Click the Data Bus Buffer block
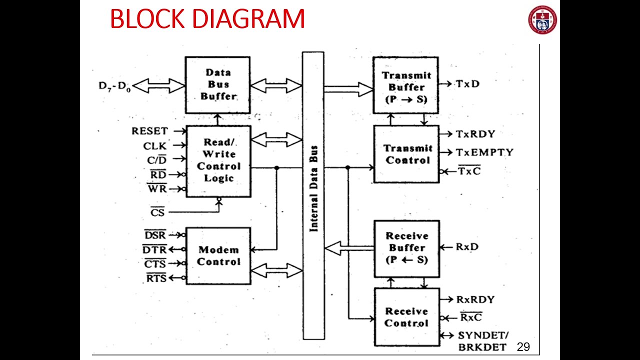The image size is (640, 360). click(217, 84)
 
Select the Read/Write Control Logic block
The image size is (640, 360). click(218, 160)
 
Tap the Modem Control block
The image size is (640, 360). click(218, 255)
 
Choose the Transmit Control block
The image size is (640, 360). click(406, 154)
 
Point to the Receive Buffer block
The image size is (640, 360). click(406, 248)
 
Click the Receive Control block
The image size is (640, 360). click(406, 317)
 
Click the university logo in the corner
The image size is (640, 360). click(542, 19)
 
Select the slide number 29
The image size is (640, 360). click(523, 347)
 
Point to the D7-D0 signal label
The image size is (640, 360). click(114, 86)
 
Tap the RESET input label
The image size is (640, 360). click(149, 131)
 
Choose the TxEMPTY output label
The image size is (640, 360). click(484, 152)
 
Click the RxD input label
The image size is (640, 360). click(467, 247)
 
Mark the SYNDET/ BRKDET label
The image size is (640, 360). click(482, 341)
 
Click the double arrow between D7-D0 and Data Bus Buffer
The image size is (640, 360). click(159, 86)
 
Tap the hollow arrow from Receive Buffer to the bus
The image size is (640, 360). click(349, 247)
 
